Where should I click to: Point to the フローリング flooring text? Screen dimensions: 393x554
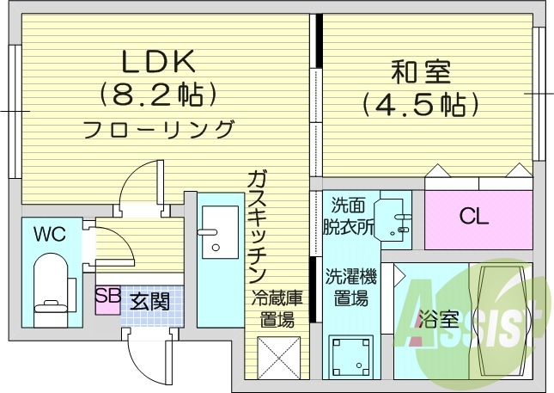(x=159, y=130)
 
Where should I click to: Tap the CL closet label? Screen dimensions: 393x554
(x=473, y=217)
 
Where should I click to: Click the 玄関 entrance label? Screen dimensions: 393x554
(x=149, y=302)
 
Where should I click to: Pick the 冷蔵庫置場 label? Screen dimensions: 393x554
(x=277, y=310)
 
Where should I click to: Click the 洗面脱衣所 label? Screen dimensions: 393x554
(x=349, y=216)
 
